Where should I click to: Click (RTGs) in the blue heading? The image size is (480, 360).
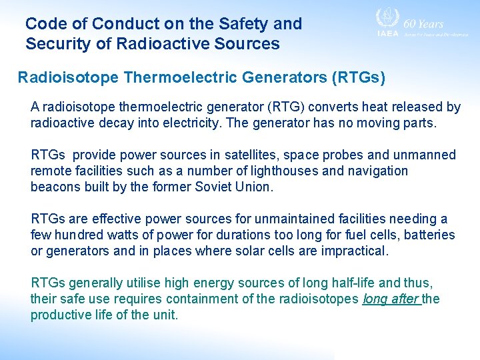pos(358,78)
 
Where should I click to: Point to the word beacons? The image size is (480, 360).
pos(54,187)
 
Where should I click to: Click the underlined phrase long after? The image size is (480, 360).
pos(390,299)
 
